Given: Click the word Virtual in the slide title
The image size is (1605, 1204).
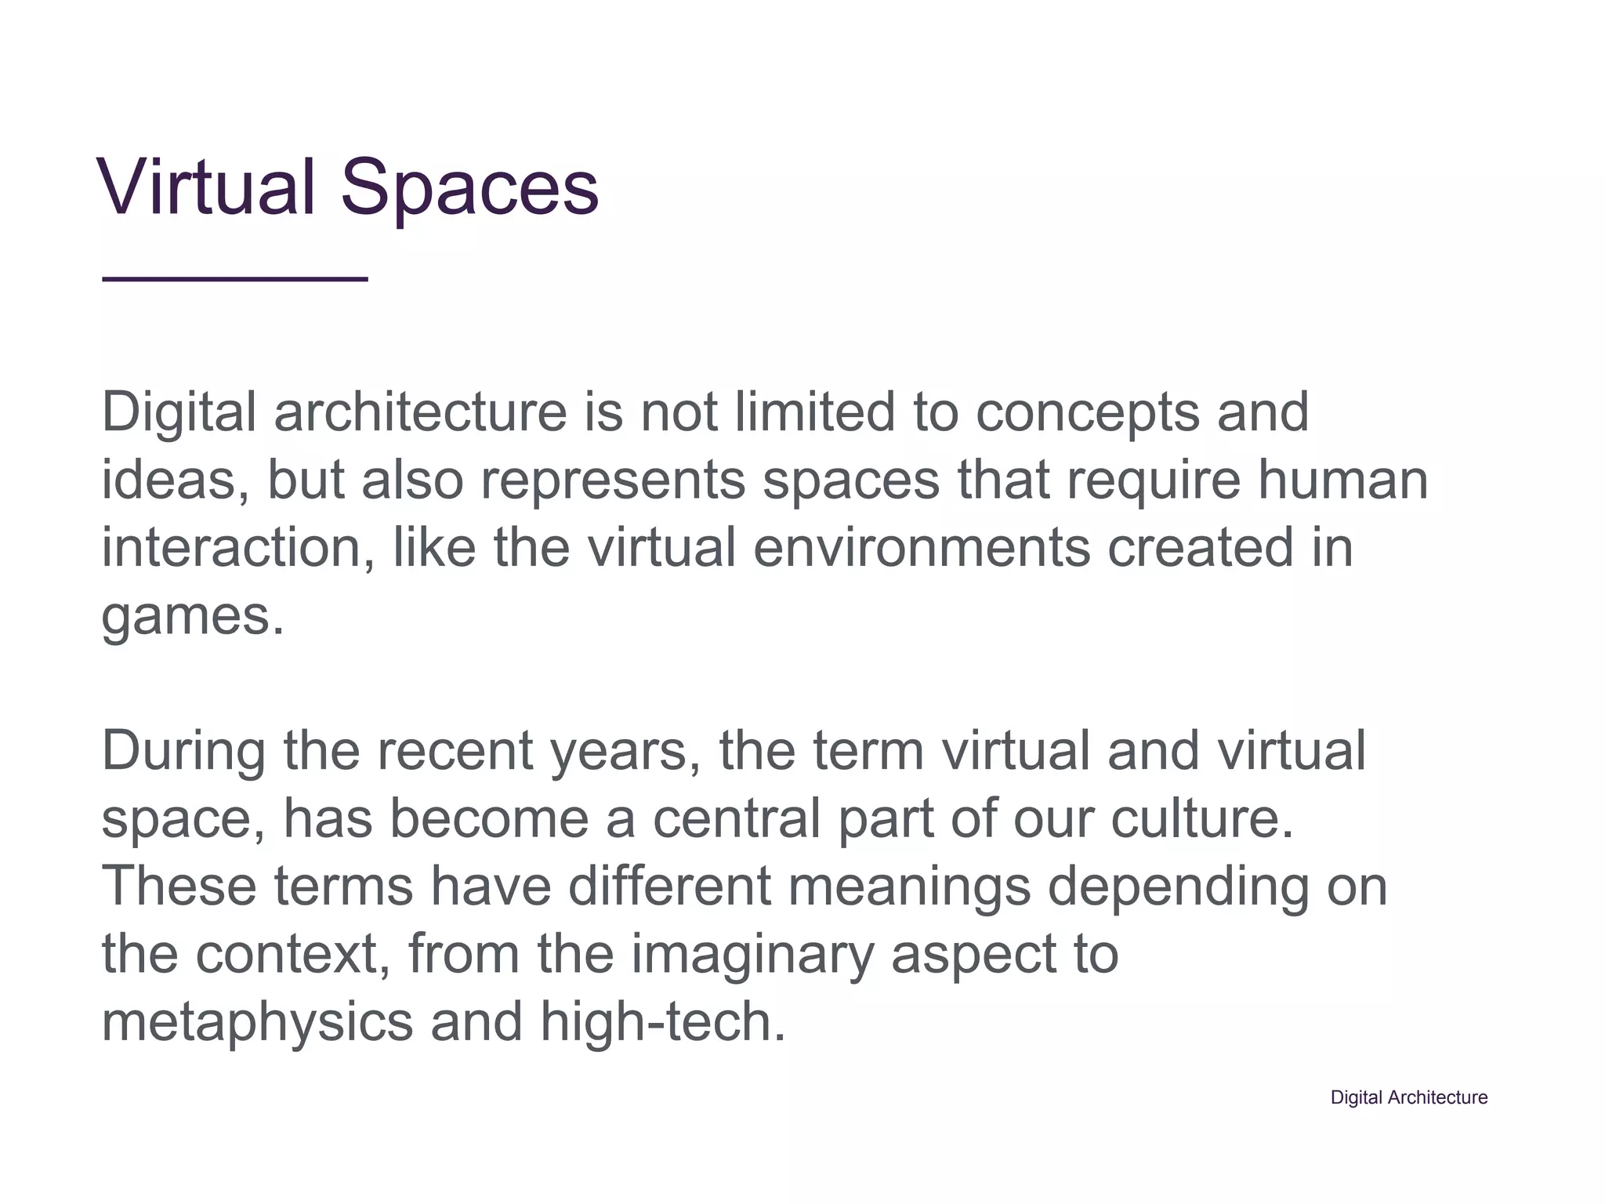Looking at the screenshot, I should pos(205,188).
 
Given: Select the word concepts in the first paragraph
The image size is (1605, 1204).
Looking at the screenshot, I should pos(1087,413).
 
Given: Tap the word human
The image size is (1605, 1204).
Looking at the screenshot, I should pos(1343,481).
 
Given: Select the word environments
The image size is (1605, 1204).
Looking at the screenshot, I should pos(922,548).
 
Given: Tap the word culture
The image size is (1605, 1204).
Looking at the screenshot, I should pos(1201,818).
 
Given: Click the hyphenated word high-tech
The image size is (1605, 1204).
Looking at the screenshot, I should pos(662,1022).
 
